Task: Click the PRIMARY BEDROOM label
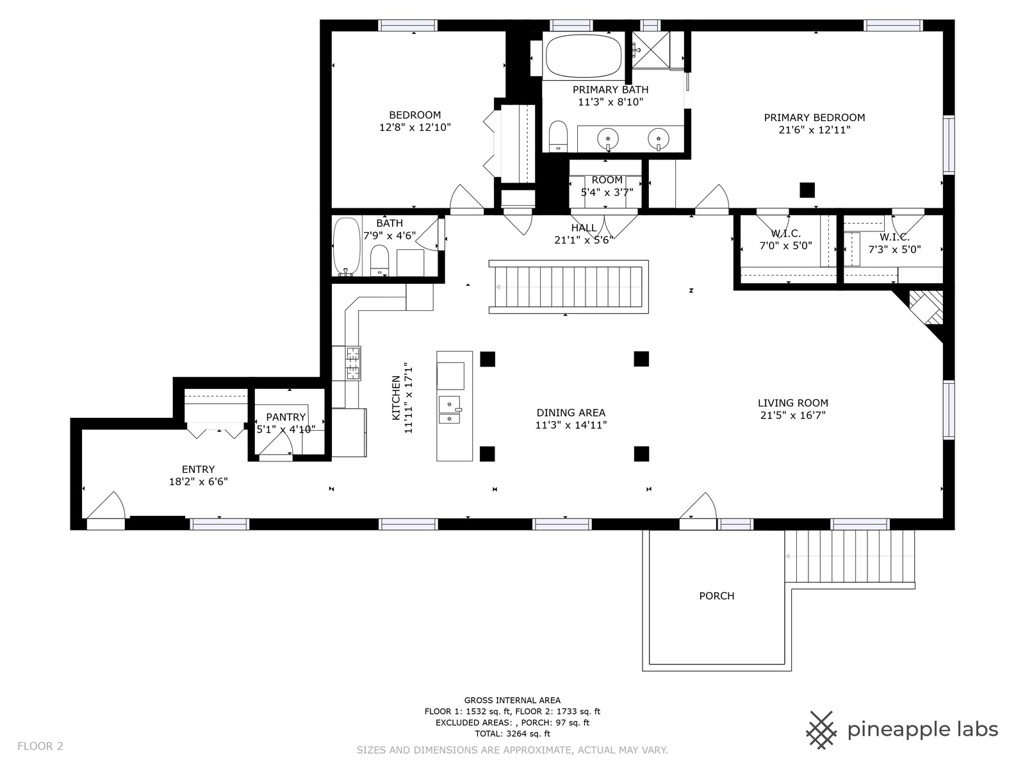tap(814, 118)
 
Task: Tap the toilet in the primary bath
tap(557, 136)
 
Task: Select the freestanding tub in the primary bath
tap(583, 56)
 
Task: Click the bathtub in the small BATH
tap(347, 247)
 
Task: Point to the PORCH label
tap(716, 596)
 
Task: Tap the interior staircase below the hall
tap(568, 286)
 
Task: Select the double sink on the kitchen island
tap(450, 410)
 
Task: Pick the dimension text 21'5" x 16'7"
tap(793, 415)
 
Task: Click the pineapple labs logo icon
tap(821, 730)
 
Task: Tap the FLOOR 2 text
tap(40, 746)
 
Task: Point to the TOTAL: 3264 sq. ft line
tap(512, 734)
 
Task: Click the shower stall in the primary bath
tap(650, 50)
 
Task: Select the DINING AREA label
tap(571, 413)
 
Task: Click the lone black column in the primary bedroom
tap(807, 190)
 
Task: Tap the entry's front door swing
tap(106, 505)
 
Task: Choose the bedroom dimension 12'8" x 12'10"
tap(414, 127)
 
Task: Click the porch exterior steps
tap(849, 556)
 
